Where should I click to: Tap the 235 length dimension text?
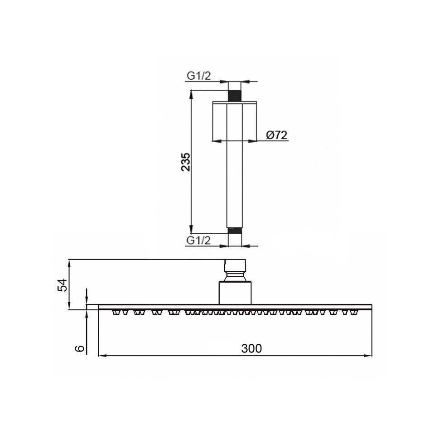point(186,162)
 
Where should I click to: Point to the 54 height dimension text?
point(62,285)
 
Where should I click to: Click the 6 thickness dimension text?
point(80,348)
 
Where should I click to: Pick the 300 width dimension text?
point(251,348)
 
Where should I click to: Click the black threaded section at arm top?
point(234,96)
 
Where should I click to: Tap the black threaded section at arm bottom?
point(234,231)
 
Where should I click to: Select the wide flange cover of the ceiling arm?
point(234,121)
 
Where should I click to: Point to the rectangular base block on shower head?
point(235,293)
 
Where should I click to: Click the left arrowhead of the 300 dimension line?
point(102,356)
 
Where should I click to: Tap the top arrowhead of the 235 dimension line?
point(191,94)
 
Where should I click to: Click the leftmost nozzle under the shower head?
point(115,312)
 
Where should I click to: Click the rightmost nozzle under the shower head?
point(355,312)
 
